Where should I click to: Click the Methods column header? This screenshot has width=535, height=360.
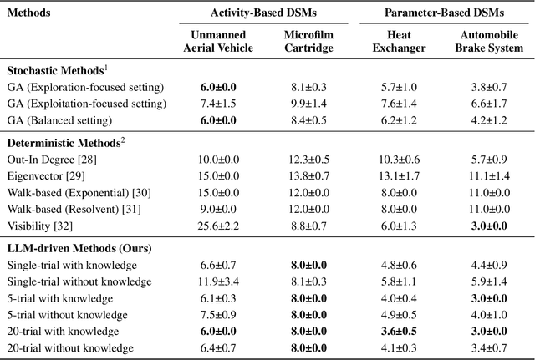coord(30,14)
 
